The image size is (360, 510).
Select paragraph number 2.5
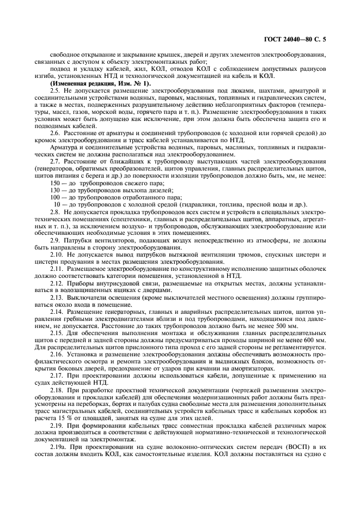56,90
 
